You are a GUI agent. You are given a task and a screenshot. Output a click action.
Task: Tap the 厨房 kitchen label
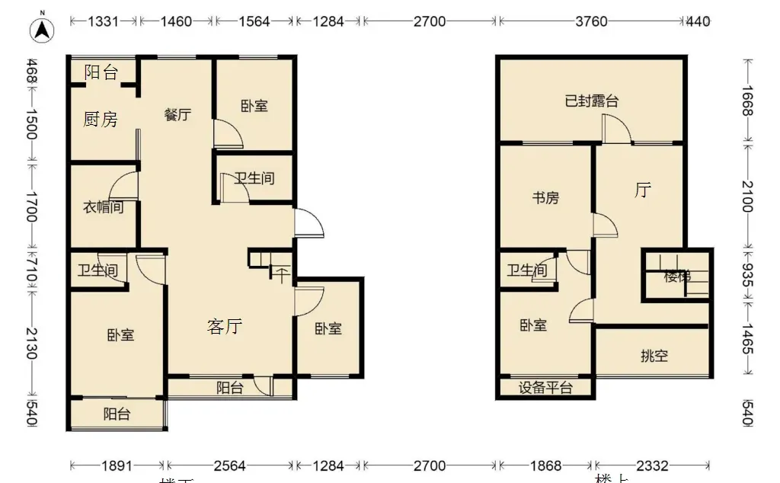coord(101,120)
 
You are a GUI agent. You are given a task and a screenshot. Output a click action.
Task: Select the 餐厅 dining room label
coord(177,115)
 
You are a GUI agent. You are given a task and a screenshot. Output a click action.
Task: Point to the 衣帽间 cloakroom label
coord(103,206)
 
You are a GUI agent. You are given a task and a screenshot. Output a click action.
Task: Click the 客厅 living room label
coord(225,327)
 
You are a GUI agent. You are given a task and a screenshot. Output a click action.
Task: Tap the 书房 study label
coord(545,198)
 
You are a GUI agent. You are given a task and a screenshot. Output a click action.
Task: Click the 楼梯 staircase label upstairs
coord(676,277)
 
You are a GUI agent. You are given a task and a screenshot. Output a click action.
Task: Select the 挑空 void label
coord(654,356)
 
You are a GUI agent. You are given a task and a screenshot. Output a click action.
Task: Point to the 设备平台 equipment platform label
coord(545,388)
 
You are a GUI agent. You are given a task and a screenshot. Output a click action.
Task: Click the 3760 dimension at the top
coord(591,21)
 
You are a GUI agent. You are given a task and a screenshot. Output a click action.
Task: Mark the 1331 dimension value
coord(104,21)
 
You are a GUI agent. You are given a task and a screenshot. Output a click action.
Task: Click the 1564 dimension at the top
coord(254,21)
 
